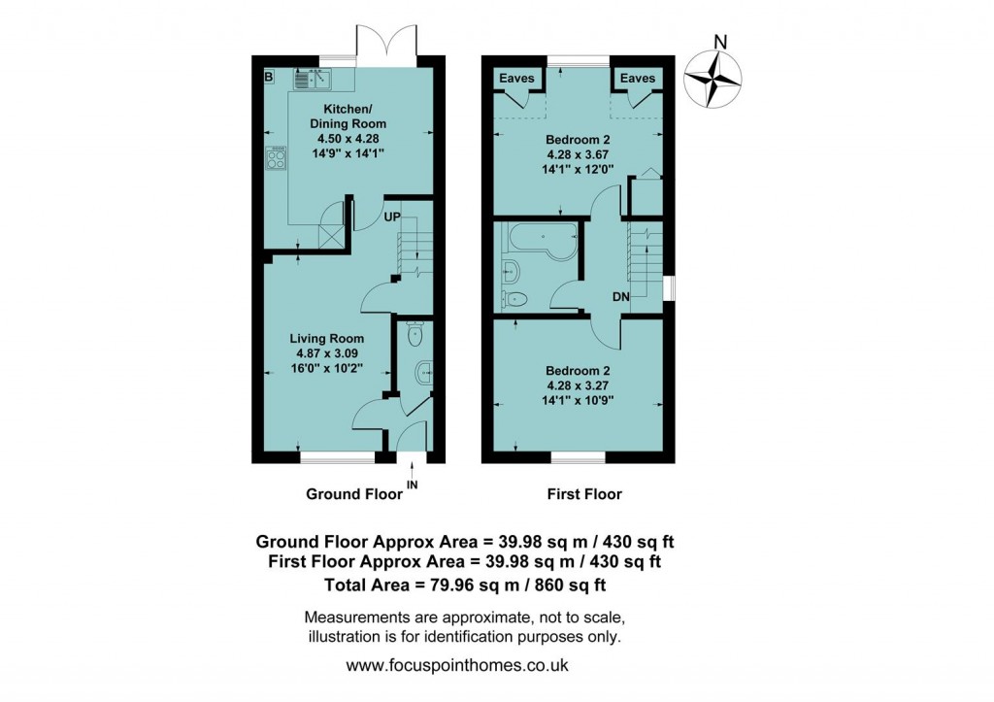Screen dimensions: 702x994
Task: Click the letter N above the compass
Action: [719, 41]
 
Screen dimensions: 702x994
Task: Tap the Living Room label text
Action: [327, 338]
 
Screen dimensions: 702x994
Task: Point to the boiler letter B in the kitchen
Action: [269, 76]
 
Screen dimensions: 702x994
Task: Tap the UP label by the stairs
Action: [393, 217]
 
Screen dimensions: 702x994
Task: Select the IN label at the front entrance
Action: [413, 484]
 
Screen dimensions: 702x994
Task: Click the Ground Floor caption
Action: [353, 494]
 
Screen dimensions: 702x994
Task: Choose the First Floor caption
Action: [584, 494]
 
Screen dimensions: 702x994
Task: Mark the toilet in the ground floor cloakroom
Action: [415, 335]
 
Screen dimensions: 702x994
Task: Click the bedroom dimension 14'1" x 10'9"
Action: [579, 398]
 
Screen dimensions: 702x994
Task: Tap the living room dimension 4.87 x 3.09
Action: [327, 352]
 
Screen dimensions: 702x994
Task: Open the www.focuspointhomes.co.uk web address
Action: [457, 666]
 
